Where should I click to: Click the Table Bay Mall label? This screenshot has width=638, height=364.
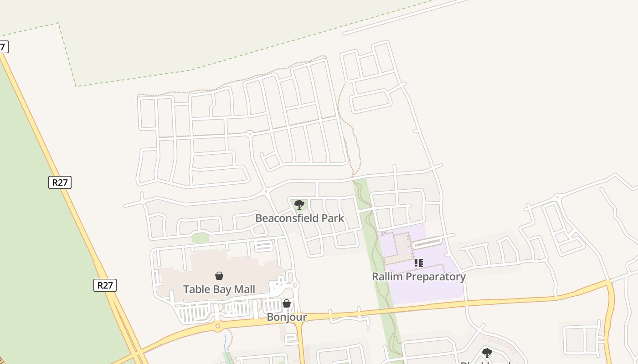coord(219,289)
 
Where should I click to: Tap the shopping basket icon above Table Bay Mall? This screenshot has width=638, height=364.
coord(219,276)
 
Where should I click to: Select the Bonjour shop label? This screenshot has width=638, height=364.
coord(287,317)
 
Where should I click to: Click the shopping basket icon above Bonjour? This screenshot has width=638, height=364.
coord(287,303)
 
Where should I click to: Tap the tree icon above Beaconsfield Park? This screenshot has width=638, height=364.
coord(299,205)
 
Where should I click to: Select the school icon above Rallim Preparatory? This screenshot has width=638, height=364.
coord(418,263)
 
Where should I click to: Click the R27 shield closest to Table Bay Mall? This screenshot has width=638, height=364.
coord(105,285)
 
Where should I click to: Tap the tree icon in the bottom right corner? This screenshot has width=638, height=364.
coord(487,353)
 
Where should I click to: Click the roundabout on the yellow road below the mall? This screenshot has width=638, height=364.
coord(218,326)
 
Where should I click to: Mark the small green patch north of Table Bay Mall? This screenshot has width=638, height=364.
coord(200,238)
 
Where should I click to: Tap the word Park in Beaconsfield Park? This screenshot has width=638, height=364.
coord(333,218)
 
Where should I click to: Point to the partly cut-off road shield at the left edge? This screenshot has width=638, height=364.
coord(3,46)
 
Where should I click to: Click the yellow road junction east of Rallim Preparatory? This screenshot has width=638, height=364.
coord(610,282)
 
